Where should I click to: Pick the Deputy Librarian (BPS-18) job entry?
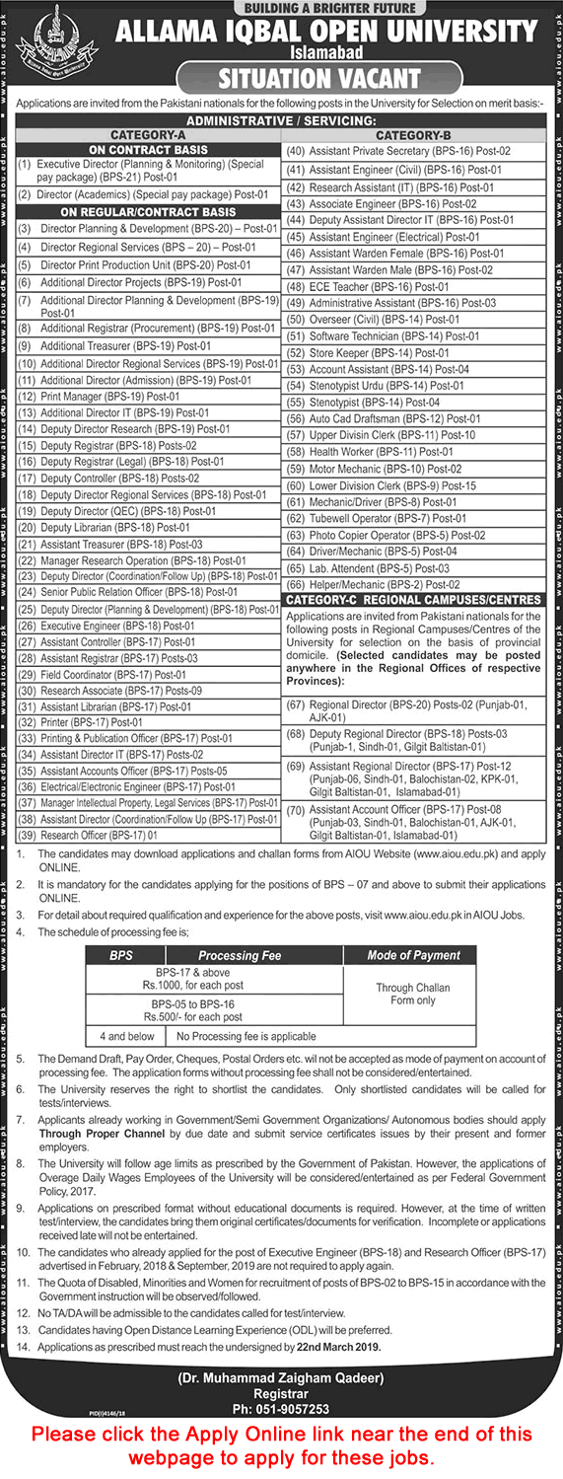[115, 528]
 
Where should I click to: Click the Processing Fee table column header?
[240, 955]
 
